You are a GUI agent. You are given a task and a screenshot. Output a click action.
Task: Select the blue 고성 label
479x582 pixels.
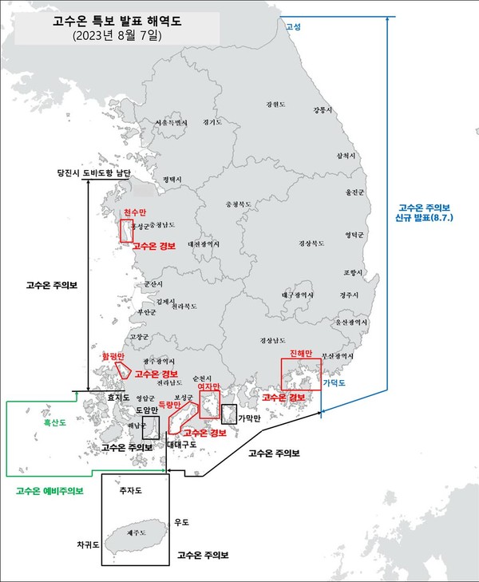pos(293,26)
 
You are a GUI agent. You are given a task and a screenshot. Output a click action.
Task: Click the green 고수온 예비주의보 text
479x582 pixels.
pos(49,491)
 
